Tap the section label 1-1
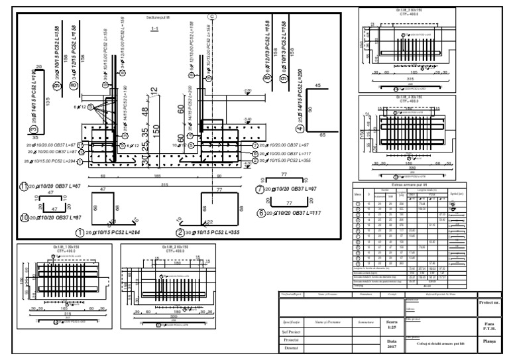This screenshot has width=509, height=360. pos(154,29)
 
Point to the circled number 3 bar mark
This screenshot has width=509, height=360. pos(33,130)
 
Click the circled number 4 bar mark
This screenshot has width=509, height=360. pos(300,129)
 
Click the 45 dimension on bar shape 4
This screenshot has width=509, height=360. pos(317,86)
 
